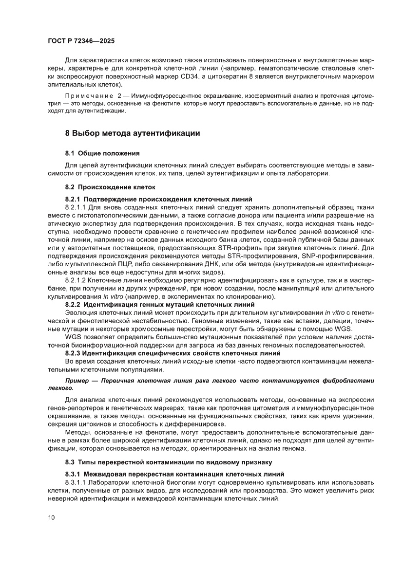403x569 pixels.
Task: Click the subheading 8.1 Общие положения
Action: click(x=102, y=153)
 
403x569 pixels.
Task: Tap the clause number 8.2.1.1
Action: click(x=76, y=206)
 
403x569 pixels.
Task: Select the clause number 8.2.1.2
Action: click(x=76, y=281)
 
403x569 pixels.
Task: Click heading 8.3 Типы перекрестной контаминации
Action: click(x=168, y=461)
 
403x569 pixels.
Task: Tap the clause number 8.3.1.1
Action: click(x=76, y=482)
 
